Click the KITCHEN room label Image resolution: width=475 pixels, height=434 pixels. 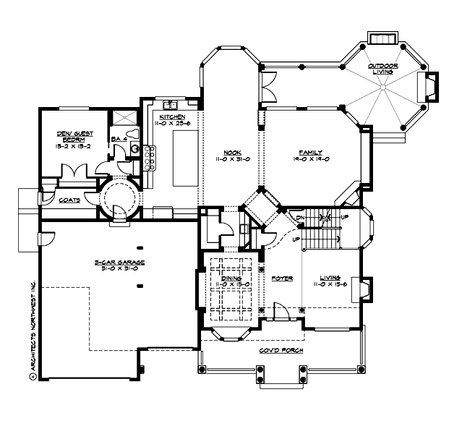point(171,116)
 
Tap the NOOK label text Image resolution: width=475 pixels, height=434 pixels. point(231,153)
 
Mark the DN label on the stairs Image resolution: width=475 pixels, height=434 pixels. point(299,217)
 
